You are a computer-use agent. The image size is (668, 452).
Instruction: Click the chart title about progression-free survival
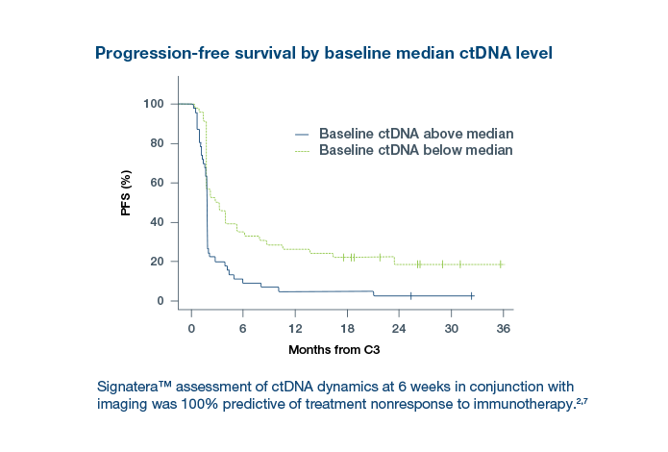coord(323,53)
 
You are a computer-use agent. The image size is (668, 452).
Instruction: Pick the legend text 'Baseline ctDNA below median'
coord(416,151)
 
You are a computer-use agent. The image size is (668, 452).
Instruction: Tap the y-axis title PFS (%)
coord(126,192)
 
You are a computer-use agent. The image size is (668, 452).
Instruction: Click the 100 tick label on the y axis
coord(154,104)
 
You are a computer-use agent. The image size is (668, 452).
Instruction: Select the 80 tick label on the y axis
coord(157,143)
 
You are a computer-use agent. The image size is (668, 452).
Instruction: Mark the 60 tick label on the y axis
coord(157,183)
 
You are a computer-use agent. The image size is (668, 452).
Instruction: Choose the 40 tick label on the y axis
coord(157,222)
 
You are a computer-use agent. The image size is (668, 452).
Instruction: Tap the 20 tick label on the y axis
coord(157,262)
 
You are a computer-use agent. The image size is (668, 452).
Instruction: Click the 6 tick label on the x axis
coord(243,327)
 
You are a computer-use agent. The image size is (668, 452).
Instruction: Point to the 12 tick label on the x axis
coord(295,327)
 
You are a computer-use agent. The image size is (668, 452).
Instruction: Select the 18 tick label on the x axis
coord(347,327)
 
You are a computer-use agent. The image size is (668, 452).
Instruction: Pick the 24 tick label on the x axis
coord(399,327)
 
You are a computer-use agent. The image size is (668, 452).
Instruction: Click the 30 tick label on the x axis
coord(451,327)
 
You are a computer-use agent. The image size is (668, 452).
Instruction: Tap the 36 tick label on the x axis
coord(503,327)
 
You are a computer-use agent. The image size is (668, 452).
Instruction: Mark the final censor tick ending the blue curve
coord(472,296)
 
